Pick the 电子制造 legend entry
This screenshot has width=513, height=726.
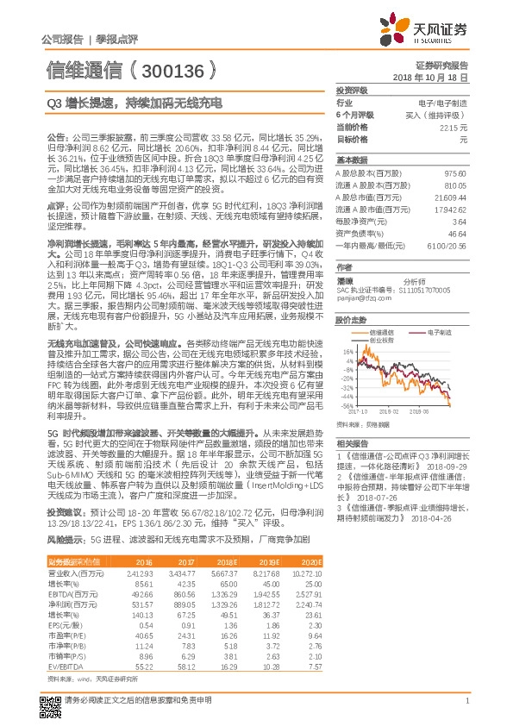click(x=440, y=331)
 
